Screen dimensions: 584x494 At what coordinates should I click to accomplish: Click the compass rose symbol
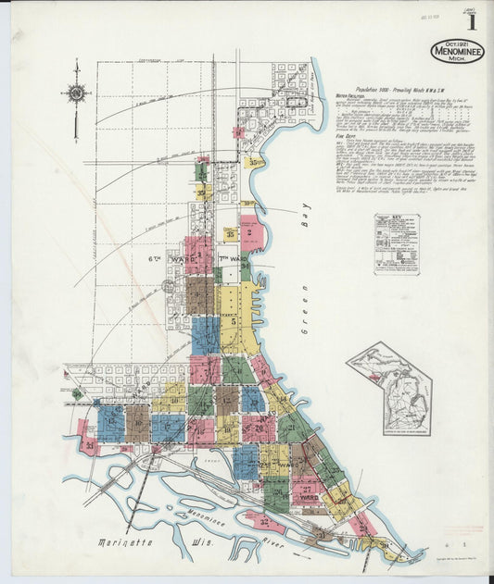75,93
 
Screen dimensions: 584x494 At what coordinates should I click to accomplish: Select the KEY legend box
397,244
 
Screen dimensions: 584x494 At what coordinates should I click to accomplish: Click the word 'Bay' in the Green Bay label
302,219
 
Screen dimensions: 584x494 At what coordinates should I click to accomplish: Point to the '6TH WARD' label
182,260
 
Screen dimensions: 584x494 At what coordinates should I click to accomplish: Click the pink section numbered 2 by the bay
250,233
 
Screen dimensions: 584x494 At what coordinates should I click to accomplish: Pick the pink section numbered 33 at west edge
88,446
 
